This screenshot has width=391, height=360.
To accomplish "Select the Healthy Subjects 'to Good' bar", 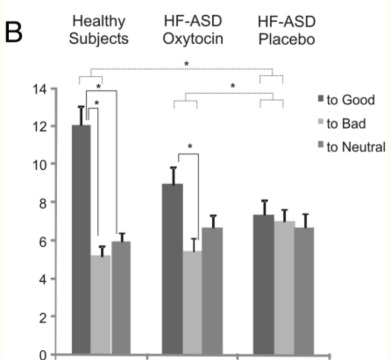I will tap(81, 239).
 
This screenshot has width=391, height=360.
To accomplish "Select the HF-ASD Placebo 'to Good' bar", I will tap(263, 284).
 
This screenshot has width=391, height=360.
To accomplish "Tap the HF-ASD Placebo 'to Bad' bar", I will tap(283, 287).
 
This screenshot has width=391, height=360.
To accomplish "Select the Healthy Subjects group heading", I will tap(99, 30).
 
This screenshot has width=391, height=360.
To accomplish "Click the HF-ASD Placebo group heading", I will tap(286, 30).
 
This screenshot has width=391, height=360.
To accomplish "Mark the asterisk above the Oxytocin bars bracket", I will tap(190, 147).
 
